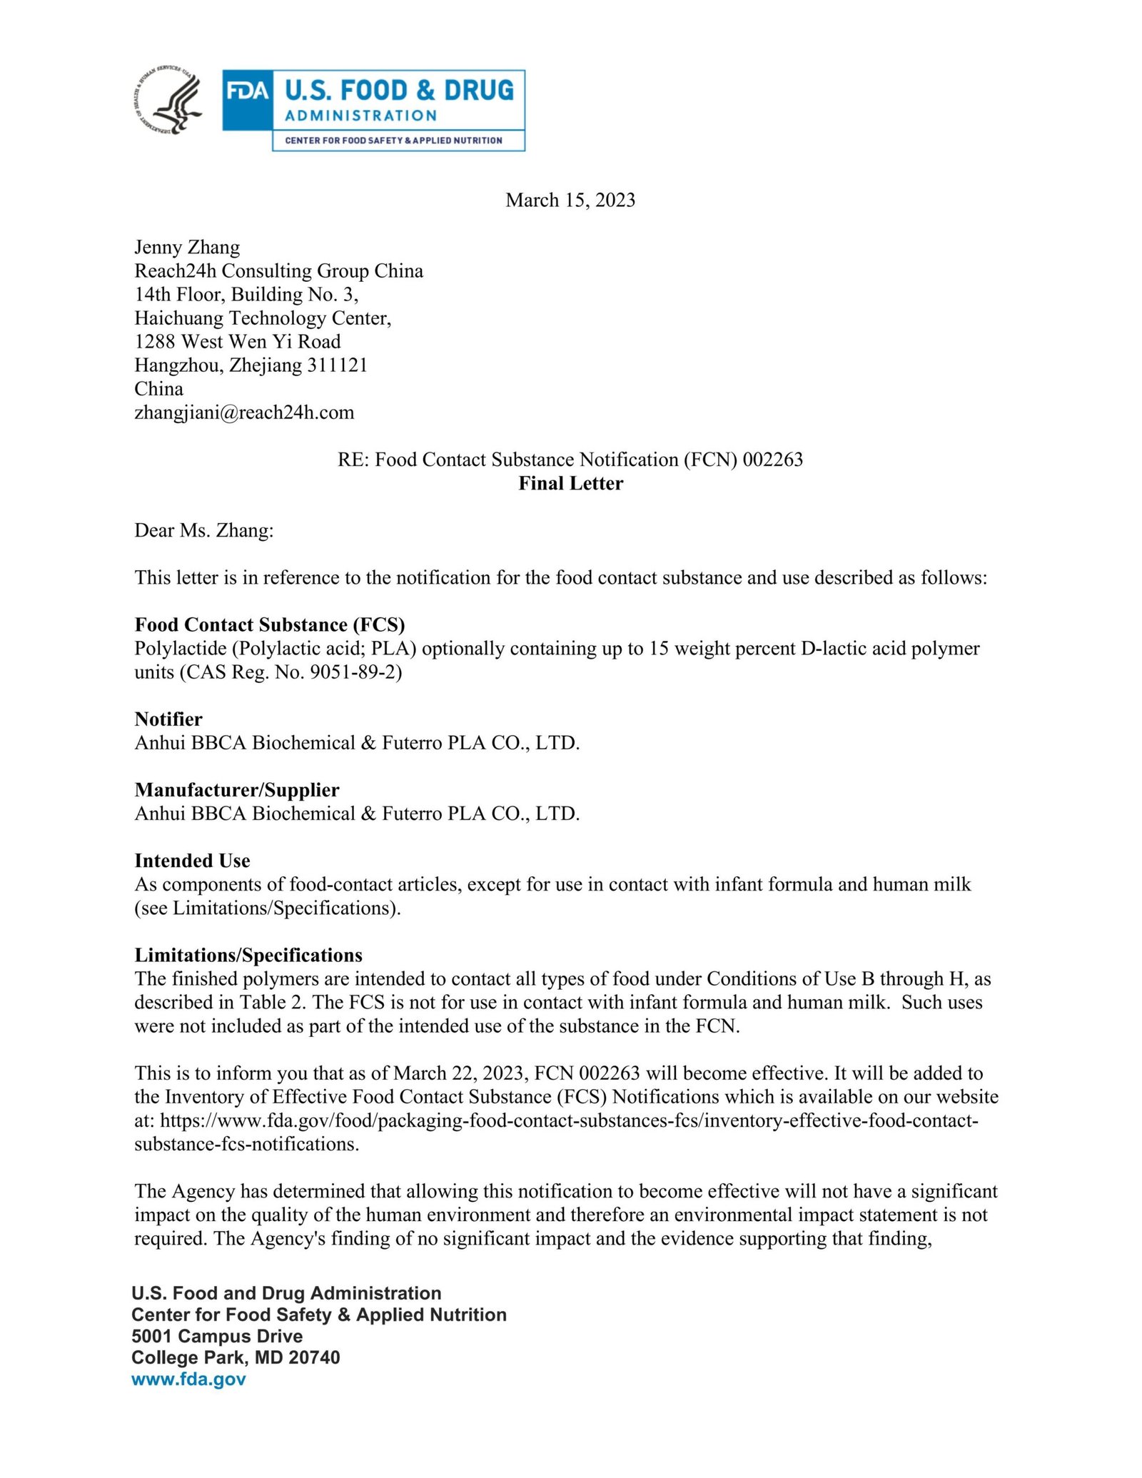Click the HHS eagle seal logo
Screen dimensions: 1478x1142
tap(168, 103)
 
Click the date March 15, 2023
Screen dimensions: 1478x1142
tap(570, 200)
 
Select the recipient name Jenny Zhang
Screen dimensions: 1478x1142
tap(187, 247)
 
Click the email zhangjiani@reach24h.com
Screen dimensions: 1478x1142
tap(244, 412)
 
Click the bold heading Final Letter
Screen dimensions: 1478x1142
tap(570, 483)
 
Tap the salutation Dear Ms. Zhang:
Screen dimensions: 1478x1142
tap(204, 530)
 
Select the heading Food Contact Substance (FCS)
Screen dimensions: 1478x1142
tap(270, 624)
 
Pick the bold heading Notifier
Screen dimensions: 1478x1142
tap(168, 719)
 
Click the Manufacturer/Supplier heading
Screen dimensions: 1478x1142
tap(237, 789)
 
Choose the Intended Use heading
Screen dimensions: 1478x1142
tap(192, 860)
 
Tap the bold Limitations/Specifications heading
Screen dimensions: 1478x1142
tap(248, 955)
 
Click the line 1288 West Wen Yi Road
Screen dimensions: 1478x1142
tap(238, 341)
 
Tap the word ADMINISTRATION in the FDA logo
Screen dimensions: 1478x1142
tap(360, 116)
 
